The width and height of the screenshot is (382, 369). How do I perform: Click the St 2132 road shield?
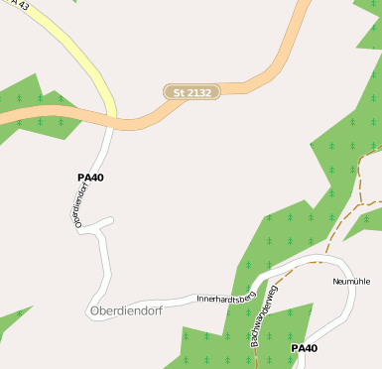[191, 92]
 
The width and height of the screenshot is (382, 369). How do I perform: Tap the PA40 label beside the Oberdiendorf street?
[90, 178]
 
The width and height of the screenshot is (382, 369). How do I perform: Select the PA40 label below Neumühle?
[304, 348]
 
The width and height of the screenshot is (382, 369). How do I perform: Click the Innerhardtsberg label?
[226, 297]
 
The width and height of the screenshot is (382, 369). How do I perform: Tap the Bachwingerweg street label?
[265, 325]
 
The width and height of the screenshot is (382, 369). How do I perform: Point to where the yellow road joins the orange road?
[111, 118]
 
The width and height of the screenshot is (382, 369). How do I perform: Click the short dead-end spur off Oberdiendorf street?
[106, 221]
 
